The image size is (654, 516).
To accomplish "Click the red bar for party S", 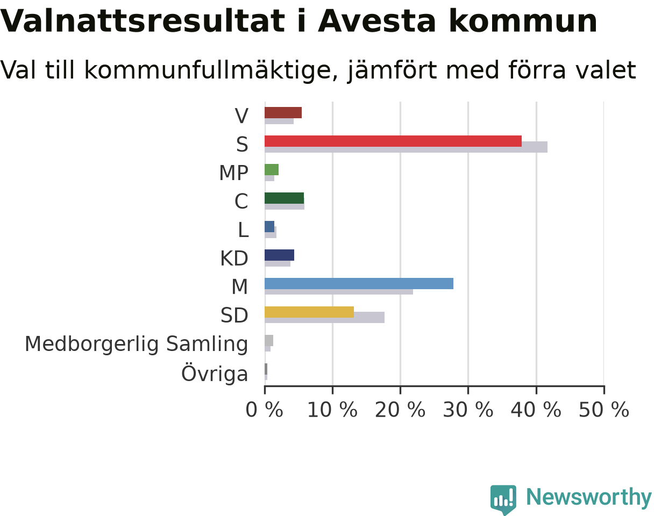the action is [393, 141].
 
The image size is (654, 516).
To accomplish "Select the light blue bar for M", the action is [359, 283].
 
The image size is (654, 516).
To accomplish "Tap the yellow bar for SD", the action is [309, 312].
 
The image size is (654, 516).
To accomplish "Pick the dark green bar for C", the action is [284, 198].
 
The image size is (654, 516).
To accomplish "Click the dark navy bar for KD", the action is [279, 255].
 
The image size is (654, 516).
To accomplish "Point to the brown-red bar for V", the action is [283, 113].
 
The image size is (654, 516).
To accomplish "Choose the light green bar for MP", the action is [272, 169].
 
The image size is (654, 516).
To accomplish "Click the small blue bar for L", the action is [269, 227].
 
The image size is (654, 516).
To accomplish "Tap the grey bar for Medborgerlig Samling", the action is [269, 340].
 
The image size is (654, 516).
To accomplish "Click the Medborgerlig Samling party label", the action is [137, 345].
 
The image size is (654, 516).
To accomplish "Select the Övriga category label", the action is [215, 372].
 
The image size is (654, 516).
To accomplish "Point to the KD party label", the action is [234, 259].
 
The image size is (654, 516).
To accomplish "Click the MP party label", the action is [233, 173].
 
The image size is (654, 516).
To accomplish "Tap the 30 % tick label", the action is [468, 410].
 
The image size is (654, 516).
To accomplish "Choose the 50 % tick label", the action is [604, 410].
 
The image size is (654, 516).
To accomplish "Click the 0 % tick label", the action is [264, 410].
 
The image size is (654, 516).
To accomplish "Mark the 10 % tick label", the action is [332, 410].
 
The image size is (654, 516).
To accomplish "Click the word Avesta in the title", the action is [377, 21].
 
